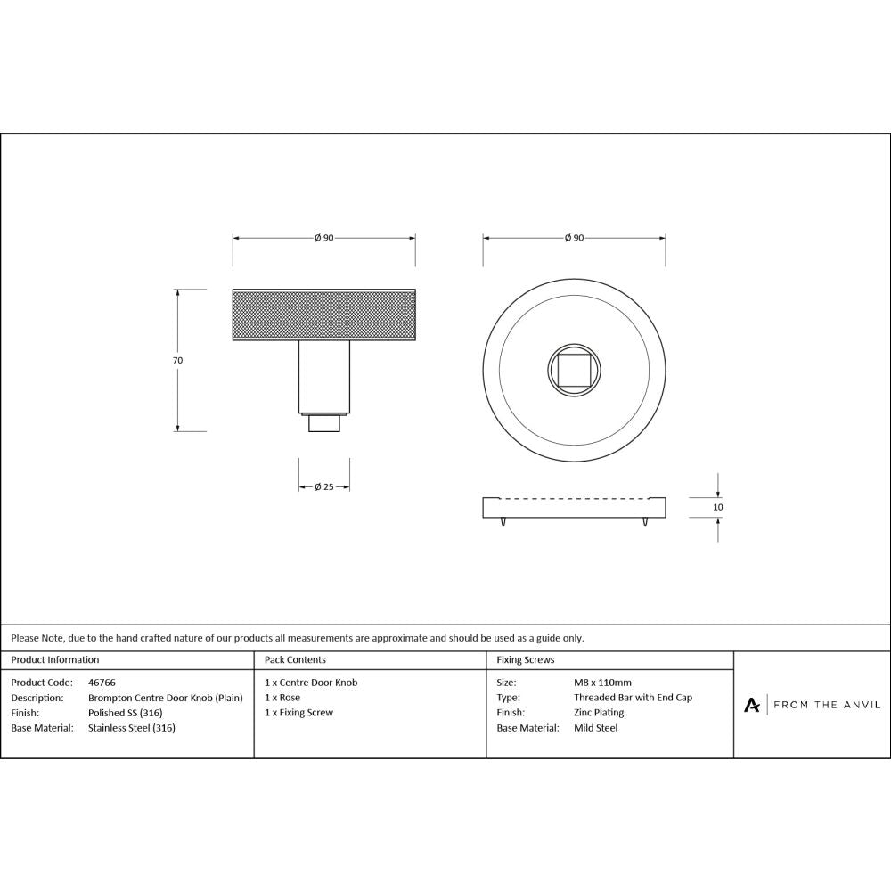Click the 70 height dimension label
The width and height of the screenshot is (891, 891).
point(177,360)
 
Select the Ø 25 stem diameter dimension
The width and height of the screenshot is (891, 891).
point(323,487)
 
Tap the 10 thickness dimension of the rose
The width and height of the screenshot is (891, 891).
point(718,507)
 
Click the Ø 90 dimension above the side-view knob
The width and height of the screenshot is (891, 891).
point(323,238)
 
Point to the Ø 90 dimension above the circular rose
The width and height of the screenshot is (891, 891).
point(574,238)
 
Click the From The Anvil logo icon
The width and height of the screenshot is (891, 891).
point(752,705)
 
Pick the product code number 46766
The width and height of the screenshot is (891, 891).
point(102,683)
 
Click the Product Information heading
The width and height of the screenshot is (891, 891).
point(55,660)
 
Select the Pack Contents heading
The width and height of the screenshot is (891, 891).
point(295,660)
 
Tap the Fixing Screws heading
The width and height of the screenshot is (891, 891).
point(526,660)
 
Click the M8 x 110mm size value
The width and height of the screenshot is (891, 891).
point(602,683)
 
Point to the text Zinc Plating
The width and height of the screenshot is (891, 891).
point(599,713)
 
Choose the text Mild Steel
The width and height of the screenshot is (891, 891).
point(595,728)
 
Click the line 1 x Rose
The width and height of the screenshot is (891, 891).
point(282,698)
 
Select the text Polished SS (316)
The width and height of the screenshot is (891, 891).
point(126,713)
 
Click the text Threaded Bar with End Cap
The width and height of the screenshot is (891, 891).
point(633,698)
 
